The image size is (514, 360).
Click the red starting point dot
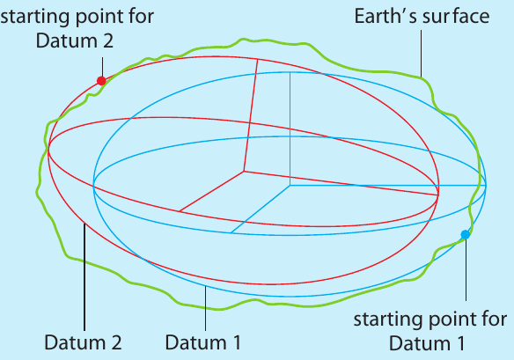pos(101,81)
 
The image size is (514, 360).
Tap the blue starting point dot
pos(466,235)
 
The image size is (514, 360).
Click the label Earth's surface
pos(422,16)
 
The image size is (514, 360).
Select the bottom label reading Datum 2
pos(83,342)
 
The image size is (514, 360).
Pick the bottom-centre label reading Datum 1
pos(203,342)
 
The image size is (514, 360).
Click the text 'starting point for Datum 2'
pos(77,28)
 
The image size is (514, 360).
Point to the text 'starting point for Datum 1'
pos(430,331)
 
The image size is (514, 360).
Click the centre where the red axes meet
pos(244,171)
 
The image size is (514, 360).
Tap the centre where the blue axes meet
pos(290,186)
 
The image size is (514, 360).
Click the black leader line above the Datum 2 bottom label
pos(84,277)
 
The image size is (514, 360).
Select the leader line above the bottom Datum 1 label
pos(206,308)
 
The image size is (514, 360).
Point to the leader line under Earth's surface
pos(422,54)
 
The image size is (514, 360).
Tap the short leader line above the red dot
pos(102,67)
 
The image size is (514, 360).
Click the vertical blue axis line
pos(290,129)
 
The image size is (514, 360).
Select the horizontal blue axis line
pos(388,186)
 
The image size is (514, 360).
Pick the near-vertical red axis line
pos(251,115)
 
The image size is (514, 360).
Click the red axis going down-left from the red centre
pos(212,191)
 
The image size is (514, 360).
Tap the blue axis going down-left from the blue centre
pos(261,209)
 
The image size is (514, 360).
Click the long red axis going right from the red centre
pos(341,183)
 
